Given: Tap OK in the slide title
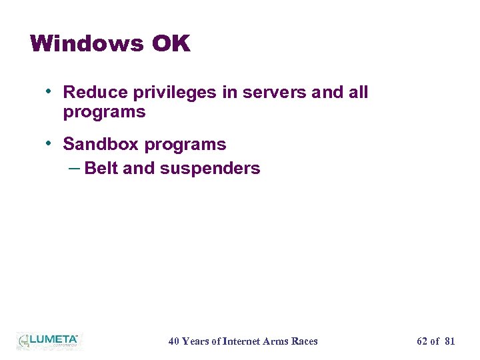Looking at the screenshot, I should pyautogui.click(x=171, y=44).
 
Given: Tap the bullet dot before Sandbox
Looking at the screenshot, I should pyautogui.click(x=50, y=143).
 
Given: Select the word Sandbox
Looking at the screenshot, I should pyautogui.click(x=101, y=144).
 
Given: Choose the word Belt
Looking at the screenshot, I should pyautogui.click(x=102, y=169).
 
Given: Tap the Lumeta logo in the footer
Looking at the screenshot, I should pyautogui.click(x=49, y=340).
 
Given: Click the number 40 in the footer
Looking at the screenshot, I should pyautogui.click(x=173, y=341).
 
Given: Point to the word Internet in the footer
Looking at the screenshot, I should pyautogui.click(x=244, y=341).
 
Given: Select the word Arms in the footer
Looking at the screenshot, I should pyautogui.click(x=281, y=341).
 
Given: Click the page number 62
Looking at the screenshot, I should pyautogui.click(x=422, y=341).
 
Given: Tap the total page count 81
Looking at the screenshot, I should pyautogui.click(x=449, y=341).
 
